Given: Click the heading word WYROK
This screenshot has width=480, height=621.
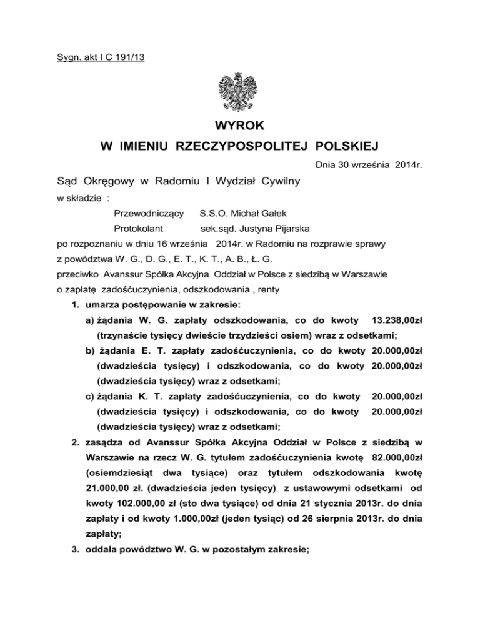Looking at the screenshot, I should click(240, 127).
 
